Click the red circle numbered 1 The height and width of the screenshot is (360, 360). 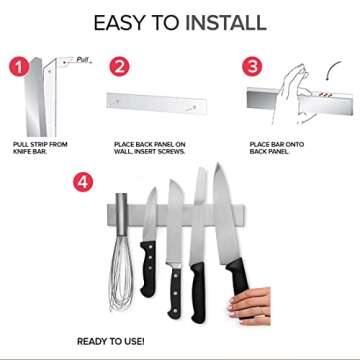pos(18,70)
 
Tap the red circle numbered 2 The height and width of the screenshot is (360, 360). pos(120,68)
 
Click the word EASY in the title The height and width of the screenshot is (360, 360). pos(124,22)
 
